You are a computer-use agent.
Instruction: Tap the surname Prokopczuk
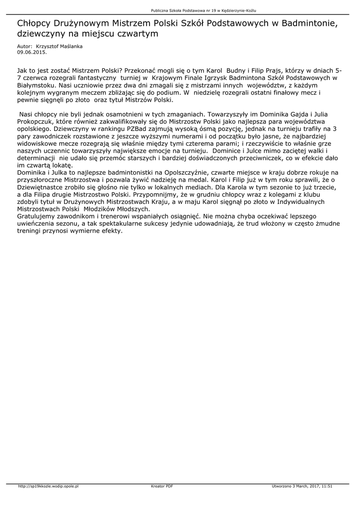click(37, 122)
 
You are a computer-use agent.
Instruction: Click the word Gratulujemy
click(38, 216)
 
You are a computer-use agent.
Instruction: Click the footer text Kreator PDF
click(162, 486)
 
